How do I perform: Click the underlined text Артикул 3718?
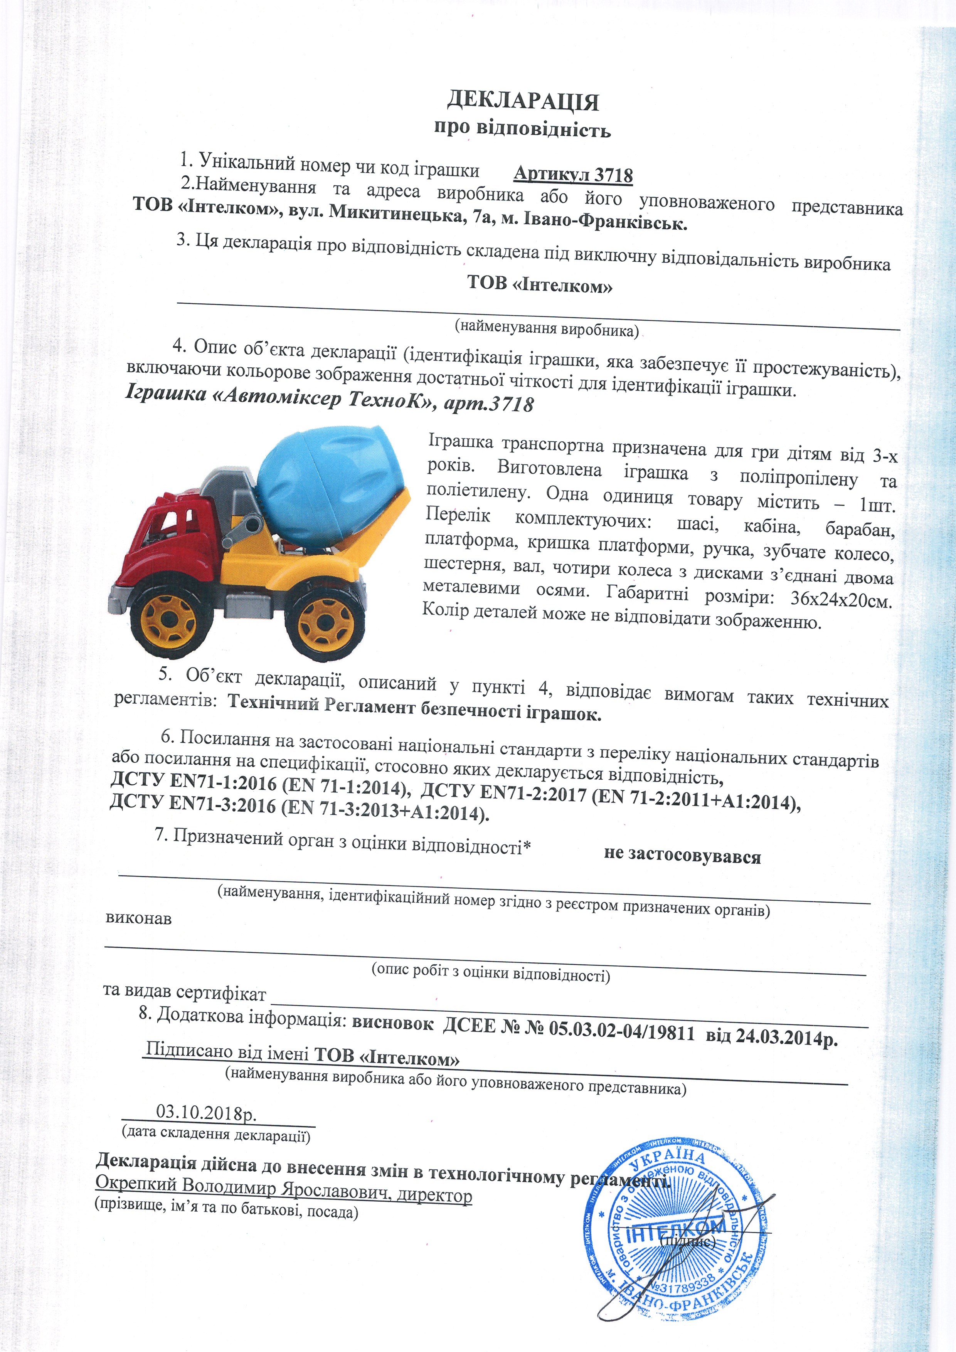point(573,175)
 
